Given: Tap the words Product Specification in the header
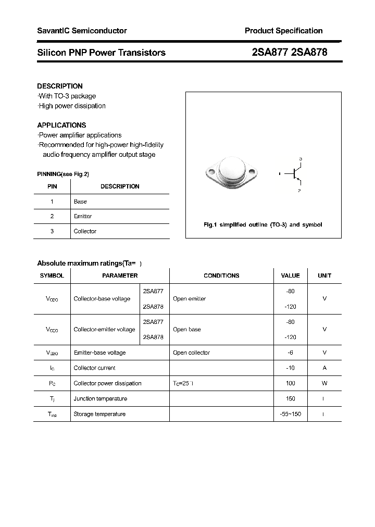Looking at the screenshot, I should pos(283,31).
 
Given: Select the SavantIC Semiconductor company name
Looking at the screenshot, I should pos(82,31).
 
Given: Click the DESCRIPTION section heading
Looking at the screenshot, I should pos(60,86).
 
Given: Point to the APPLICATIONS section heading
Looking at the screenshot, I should pos(61,125).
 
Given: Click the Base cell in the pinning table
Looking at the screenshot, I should pos(80,202).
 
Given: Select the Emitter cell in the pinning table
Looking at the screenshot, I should pos(83,216).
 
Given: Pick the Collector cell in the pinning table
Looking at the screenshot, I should pos(85,231).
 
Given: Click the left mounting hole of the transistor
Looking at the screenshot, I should pos(211,171).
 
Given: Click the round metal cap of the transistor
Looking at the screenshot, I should pos(232,168).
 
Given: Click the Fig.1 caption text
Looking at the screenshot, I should pos(262,225).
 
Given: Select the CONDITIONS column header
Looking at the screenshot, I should pos(221,275).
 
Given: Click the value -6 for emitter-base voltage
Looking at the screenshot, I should pos(290,353).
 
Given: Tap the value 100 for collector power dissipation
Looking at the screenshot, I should pos(290,383).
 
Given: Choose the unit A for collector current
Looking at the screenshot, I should pos(324,368).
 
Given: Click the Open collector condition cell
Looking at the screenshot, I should pos(191,353).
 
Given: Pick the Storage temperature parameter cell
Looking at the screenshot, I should pos(99,414).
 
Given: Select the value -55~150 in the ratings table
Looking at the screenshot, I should pos(290,414).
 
